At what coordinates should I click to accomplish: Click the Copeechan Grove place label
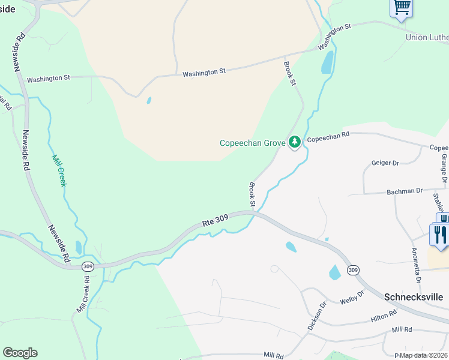pyautogui.click(x=252, y=143)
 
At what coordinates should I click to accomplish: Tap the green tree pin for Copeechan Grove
pyautogui.click(x=294, y=142)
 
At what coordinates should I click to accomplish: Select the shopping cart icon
pyautogui.click(x=401, y=8)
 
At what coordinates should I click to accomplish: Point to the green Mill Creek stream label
pyautogui.click(x=58, y=170)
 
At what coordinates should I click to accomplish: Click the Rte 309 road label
pyautogui.click(x=217, y=221)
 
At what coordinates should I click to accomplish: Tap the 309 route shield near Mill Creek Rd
pyautogui.click(x=88, y=266)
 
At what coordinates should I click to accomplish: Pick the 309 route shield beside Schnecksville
pyautogui.click(x=353, y=271)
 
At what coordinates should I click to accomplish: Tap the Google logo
pyautogui.click(x=20, y=353)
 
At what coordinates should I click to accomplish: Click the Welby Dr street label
pyautogui.click(x=352, y=297)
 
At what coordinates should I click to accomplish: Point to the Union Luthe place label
pyautogui.click(x=427, y=37)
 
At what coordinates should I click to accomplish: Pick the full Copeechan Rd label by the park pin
pyautogui.click(x=328, y=137)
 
